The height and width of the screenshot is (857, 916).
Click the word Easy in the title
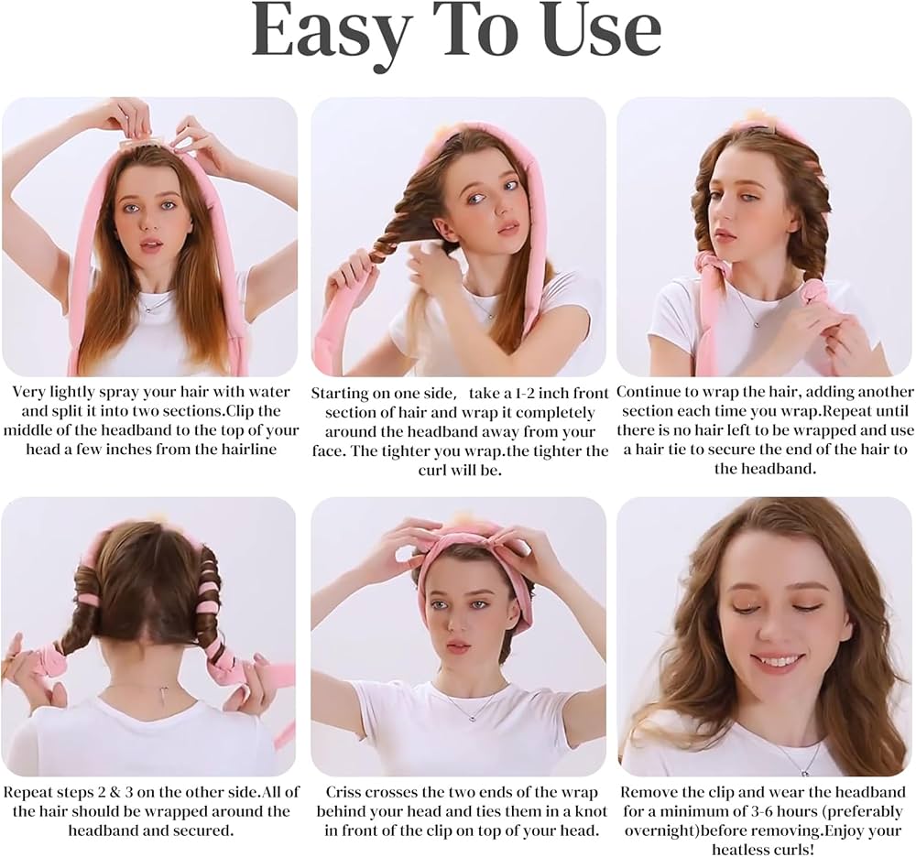[x=330, y=32]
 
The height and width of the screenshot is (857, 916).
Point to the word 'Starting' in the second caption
[x=340, y=393]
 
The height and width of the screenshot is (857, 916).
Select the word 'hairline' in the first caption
[x=247, y=450]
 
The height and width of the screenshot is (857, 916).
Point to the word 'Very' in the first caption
[x=28, y=392]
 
